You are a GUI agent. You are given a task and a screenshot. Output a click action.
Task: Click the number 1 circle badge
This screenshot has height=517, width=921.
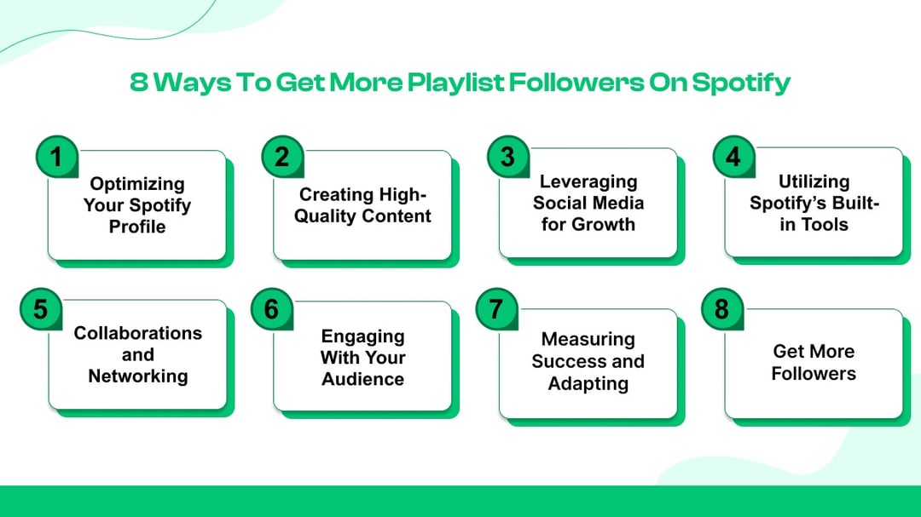click(x=56, y=158)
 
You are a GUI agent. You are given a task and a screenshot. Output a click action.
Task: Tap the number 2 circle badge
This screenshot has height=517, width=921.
click(x=281, y=157)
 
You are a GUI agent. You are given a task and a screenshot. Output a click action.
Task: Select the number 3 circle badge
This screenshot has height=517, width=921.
click(x=507, y=156)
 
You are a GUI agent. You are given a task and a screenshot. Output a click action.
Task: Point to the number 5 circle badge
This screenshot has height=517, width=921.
click(x=40, y=308)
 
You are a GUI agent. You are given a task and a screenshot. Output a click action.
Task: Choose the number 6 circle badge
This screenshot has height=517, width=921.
click(x=271, y=308)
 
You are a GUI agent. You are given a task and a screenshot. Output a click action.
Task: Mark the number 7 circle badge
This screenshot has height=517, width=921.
click(x=496, y=308)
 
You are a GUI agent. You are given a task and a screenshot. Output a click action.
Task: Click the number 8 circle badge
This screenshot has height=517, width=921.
click(x=721, y=308)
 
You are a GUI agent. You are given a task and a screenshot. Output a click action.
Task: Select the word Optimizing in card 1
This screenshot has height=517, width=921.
click(x=137, y=183)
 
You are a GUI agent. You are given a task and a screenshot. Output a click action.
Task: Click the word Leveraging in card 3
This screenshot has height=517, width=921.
click(x=588, y=181)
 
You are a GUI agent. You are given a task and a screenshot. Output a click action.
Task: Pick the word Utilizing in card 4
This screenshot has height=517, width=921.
click(x=814, y=181)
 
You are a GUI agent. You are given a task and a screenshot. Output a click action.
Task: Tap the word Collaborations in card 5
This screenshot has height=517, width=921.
click(x=138, y=333)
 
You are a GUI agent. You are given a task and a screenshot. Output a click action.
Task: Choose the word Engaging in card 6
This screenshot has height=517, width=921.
click(x=362, y=336)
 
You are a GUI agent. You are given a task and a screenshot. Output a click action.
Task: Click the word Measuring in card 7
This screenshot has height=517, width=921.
click(x=588, y=339)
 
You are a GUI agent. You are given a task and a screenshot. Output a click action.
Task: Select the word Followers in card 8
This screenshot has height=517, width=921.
click(x=814, y=373)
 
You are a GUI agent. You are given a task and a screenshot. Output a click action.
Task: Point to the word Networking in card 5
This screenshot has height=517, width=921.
click(x=138, y=376)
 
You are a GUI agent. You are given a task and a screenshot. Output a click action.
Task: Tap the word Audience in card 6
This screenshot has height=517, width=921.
click(x=362, y=379)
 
